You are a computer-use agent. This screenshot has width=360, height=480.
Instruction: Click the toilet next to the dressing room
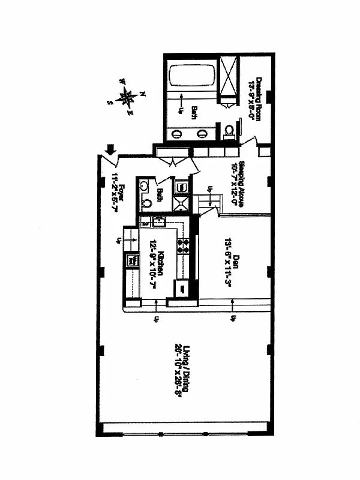(228, 131)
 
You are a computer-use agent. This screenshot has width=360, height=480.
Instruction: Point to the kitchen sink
(159, 223)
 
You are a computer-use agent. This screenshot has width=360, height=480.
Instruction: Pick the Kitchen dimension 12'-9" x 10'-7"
(153, 264)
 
